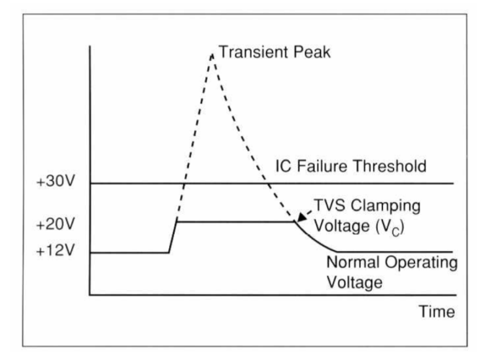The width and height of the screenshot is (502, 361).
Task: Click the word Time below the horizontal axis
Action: click(x=436, y=311)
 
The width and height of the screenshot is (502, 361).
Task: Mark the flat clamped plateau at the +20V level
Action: click(x=235, y=222)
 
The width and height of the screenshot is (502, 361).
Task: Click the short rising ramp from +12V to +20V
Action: click(x=173, y=237)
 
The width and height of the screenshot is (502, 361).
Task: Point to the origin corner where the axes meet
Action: click(x=90, y=296)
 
